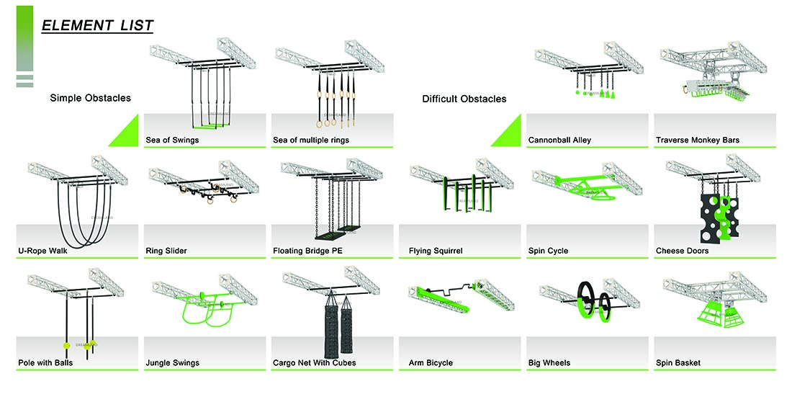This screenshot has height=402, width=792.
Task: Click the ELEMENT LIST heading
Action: (x=97, y=26)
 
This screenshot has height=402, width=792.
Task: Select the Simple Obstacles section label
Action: (x=90, y=97)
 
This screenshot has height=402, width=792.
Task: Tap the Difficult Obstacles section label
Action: (x=464, y=99)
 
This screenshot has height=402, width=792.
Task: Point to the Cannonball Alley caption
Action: (x=559, y=140)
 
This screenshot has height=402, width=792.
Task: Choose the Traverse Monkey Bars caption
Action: (x=697, y=140)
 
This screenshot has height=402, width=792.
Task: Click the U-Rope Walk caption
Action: (x=43, y=251)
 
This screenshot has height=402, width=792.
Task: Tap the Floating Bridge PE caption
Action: (x=306, y=251)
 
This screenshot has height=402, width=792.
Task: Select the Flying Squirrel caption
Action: (x=435, y=251)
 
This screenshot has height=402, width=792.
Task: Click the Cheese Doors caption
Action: (x=682, y=251)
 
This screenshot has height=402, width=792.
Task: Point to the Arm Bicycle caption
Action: (x=431, y=362)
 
